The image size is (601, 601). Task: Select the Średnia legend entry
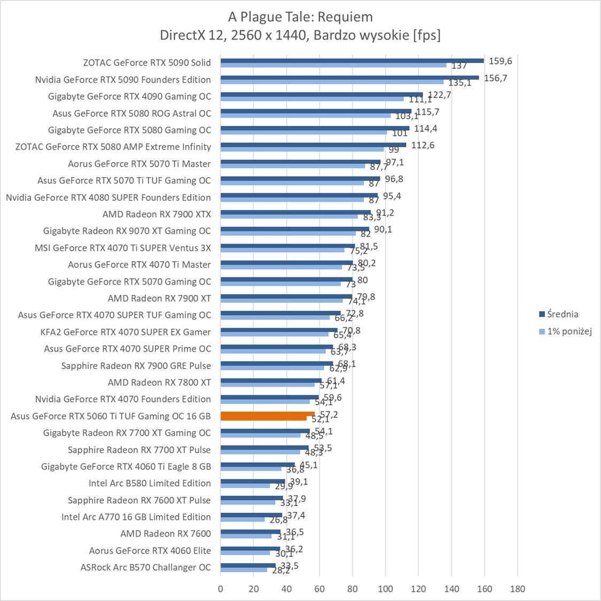[x=558, y=314]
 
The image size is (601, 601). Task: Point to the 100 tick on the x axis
[x=385, y=589]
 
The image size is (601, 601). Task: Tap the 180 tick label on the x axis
[x=517, y=589]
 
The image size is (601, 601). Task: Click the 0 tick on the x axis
[x=221, y=589]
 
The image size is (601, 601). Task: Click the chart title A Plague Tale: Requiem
[x=300, y=17]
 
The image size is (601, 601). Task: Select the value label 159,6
[x=500, y=61]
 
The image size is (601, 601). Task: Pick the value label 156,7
[x=495, y=78]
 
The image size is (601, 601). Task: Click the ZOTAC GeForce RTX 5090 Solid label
[x=147, y=62]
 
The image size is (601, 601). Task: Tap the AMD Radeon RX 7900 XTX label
[x=157, y=214]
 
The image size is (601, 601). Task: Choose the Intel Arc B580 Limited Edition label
[x=150, y=483]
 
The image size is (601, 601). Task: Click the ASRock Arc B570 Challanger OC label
[x=145, y=567]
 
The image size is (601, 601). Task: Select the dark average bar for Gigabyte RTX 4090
[x=321, y=94]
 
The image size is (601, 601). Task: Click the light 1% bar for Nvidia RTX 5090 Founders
[x=332, y=82]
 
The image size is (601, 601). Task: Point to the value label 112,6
[x=423, y=145]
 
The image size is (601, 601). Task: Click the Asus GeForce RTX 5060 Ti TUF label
[x=111, y=416]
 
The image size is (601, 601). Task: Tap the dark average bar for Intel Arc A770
[x=251, y=515]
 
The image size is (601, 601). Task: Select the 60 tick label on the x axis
[x=319, y=589]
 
